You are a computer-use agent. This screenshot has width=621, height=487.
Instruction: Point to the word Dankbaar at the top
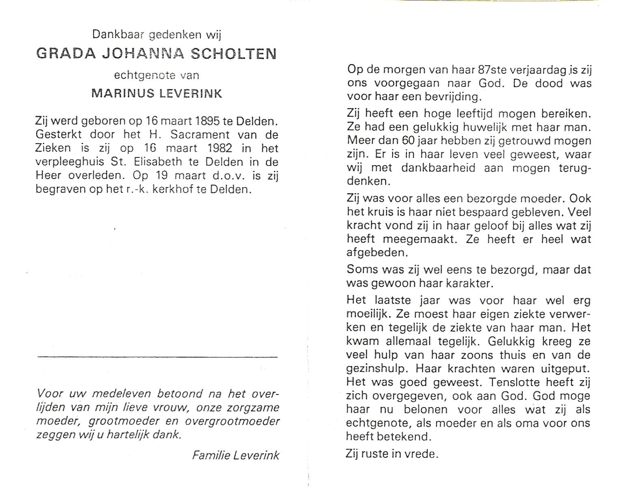118,35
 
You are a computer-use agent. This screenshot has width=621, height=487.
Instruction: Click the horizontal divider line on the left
157,357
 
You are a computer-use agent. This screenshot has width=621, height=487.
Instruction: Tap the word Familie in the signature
209,455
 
